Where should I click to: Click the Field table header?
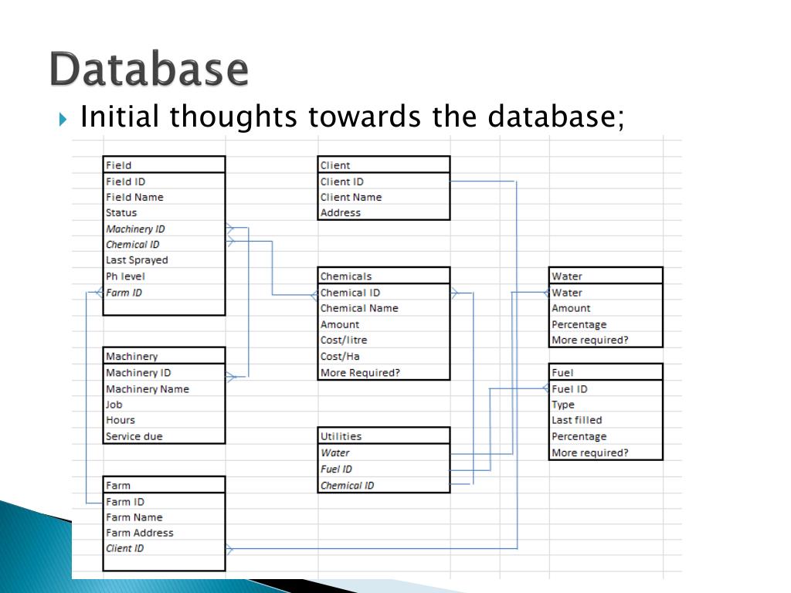pyautogui.click(x=119, y=165)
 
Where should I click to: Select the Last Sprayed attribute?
pyautogui.click(x=137, y=260)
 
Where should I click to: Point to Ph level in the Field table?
pyautogui.click(x=125, y=276)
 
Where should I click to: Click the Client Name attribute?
pyautogui.click(x=351, y=197)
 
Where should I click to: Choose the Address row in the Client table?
pyautogui.click(x=341, y=212)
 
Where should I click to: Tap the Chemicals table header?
pyautogui.click(x=346, y=276)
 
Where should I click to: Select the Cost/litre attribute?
pyautogui.click(x=344, y=340)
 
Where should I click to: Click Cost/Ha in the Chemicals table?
pyautogui.click(x=340, y=356)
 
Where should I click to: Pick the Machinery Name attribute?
pyautogui.click(x=147, y=389)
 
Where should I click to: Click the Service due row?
pyautogui.click(x=134, y=436)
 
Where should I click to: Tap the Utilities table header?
pyautogui.click(x=341, y=436)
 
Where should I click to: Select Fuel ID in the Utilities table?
pyautogui.click(x=337, y=469)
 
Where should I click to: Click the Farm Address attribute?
pyautogui.click(x=140, y=533)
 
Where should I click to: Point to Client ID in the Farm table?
pyautogui.click(x=124, y=548)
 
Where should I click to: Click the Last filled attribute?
pyautogui.click(x=576, y=420)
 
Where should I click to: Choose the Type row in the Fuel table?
pyautogui.click(x=563, y=405)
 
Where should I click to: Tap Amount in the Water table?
pyautogui.click(x=571, y=308)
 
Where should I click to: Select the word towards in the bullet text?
pyautogui.click(x=364, y=117)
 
